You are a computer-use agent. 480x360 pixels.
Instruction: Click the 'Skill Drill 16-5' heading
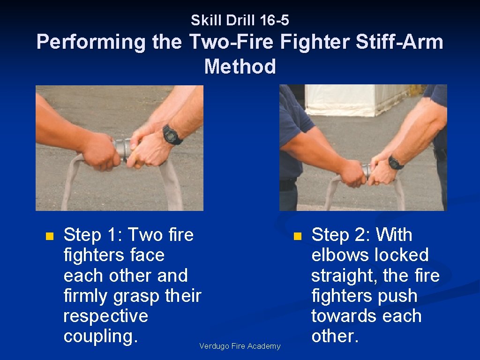coord(240,20)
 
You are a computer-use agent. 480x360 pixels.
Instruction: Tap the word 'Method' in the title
coord(240,67)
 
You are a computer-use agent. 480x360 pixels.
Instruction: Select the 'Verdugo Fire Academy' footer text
coord(240,346)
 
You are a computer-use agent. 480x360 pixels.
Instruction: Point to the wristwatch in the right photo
coord(395,163)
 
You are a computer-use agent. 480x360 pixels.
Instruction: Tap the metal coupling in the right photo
coord(367,170)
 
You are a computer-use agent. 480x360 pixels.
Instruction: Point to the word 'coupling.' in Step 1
coord(100,336)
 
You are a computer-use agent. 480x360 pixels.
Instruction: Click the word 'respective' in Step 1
coord(105,316)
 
